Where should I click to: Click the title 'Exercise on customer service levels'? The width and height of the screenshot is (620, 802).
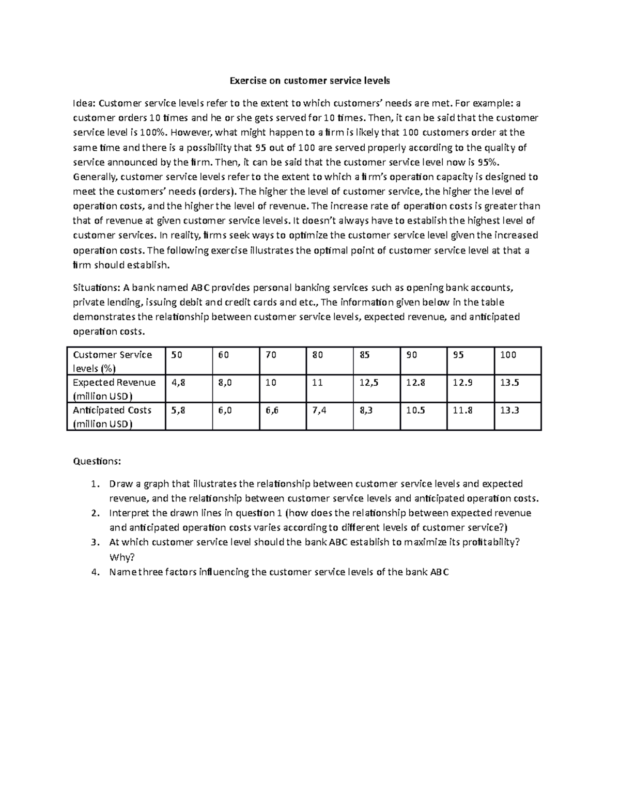[309, 81]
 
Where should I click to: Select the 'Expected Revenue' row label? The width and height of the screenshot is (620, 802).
[114, 389]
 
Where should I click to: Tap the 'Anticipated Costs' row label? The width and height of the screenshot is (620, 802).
[112, 416]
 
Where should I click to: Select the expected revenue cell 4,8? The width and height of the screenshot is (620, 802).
[178, 383]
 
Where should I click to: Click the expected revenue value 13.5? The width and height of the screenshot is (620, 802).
[509, 383]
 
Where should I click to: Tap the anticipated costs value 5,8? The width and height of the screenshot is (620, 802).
[178, 410]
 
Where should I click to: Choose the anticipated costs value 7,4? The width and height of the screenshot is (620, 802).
[319, 410]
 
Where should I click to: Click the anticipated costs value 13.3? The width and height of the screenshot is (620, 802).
[509, 410]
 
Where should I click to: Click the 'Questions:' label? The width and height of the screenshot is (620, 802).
[97, 461]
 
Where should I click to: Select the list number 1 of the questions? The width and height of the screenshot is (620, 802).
[94, 484]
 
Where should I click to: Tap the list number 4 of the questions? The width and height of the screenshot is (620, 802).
[94, 572]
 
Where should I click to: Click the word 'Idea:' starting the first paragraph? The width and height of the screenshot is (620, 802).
[84, 103]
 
